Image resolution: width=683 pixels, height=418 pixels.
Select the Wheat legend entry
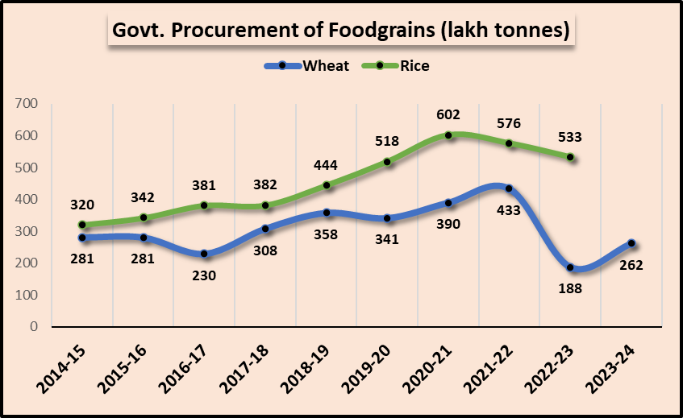[326, 66]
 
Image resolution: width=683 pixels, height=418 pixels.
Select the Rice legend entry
[414, 66]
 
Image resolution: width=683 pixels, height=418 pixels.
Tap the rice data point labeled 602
[448, 135]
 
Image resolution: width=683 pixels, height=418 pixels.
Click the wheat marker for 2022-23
[571, 267]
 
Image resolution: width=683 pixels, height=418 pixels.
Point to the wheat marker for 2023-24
[631, 243]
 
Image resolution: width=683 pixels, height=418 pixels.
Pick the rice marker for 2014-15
[83, 225]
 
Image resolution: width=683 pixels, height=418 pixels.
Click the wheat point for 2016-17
[205, 254]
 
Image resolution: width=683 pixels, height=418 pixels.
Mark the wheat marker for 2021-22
[510, 188]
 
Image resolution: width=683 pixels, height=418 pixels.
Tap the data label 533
[570, 138]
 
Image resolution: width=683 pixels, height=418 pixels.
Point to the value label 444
[327, 166]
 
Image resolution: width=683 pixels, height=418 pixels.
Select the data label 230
[204, 275]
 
